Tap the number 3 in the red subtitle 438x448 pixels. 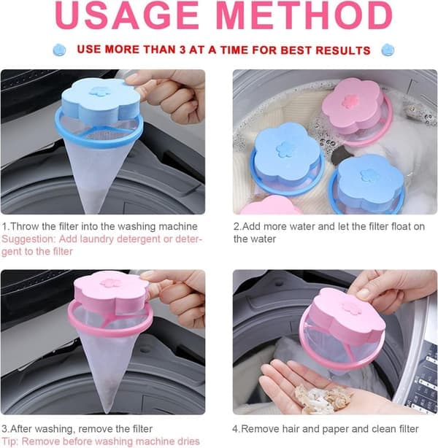[182, 50]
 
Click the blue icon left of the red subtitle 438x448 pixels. [59, 50]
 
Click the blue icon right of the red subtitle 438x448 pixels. [388, 50]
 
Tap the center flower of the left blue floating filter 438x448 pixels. [285, 149]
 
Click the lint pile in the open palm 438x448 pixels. [325, 398]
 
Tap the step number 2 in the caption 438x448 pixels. [237, 227]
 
